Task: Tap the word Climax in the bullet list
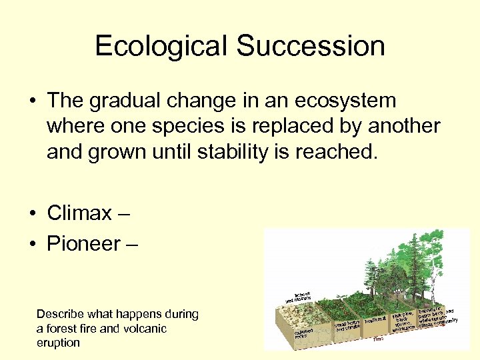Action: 79,213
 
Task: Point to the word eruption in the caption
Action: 58,343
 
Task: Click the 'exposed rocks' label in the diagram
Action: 303,333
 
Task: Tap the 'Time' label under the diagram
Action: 377,339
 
